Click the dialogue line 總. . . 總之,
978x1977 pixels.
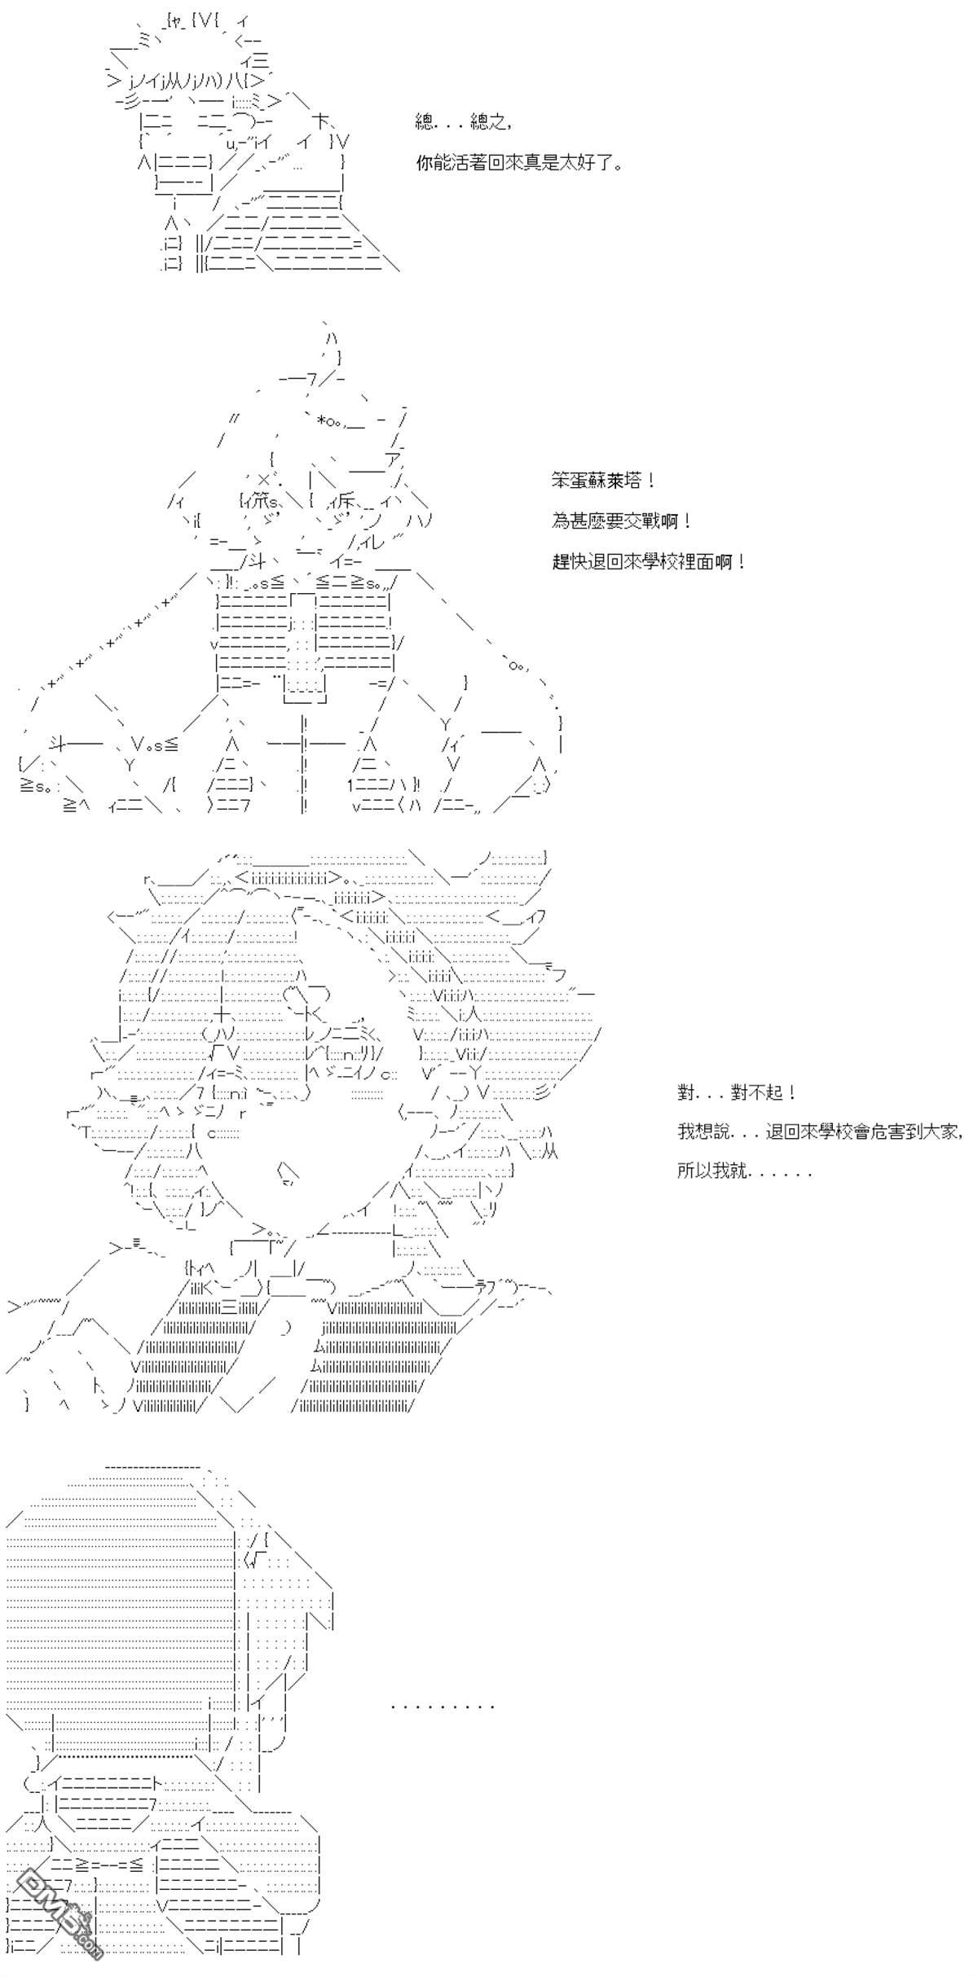pos(463,124)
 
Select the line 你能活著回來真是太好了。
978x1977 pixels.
pos(520,164)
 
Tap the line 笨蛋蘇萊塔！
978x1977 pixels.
pos(603,481)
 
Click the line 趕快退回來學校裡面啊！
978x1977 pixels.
pos(649,562)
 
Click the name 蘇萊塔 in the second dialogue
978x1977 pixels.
pos(620,481)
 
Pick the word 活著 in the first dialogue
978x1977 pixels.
pos(474,164)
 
